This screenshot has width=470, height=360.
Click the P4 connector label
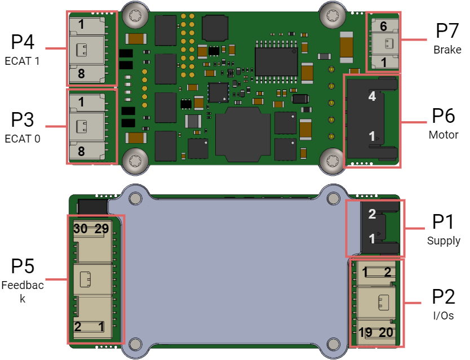[23, 42]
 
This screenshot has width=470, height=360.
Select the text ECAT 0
[23, 139]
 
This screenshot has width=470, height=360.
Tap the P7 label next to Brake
[447, 30]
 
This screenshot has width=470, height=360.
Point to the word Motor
[444, 135]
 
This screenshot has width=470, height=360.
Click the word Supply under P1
[444, 241]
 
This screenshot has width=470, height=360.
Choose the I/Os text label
[444, 315]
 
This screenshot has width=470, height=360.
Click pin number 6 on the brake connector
[383, 26]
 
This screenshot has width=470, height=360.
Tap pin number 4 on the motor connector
[372, 96]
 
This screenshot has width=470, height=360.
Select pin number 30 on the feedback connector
[81, 229]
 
